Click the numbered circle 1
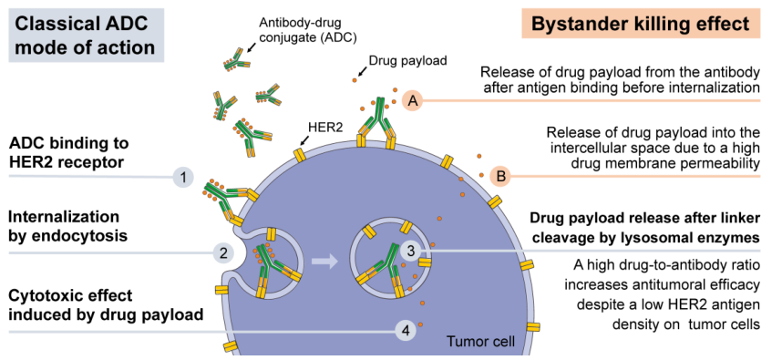(183, 177)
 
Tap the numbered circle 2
(223, 252)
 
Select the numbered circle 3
(411, 252)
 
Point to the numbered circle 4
(406, 331)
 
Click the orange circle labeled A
(413, 101)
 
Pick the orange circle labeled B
(500, 176)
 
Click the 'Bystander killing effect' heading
(641, 24)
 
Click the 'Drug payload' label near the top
(407, 60)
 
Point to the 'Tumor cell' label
(480, 342)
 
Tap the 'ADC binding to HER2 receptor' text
(69, 152)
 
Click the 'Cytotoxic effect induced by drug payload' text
(107, 305)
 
